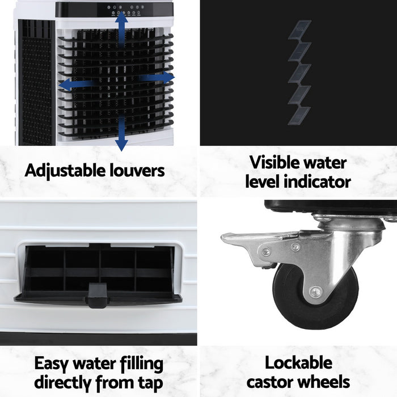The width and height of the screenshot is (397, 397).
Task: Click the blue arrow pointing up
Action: coord(121,26)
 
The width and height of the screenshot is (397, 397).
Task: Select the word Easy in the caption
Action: coord(54,364)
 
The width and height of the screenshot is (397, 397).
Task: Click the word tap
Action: coord(149,382)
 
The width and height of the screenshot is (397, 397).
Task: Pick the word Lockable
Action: coord(298,363)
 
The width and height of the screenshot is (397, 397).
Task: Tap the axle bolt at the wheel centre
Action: coord(316,293)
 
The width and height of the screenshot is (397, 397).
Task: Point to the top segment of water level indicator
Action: coord(300,29)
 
